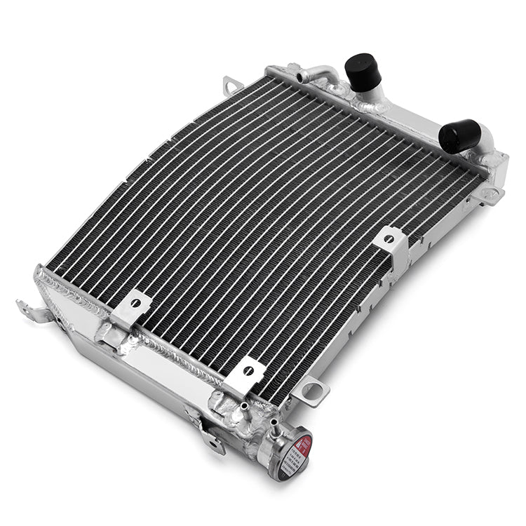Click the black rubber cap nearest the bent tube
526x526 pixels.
pos(363,71)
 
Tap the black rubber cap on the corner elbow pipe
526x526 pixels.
pos(459,135)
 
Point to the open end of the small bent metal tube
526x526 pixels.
pos(300,76)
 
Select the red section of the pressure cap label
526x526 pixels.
pos(304,443)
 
